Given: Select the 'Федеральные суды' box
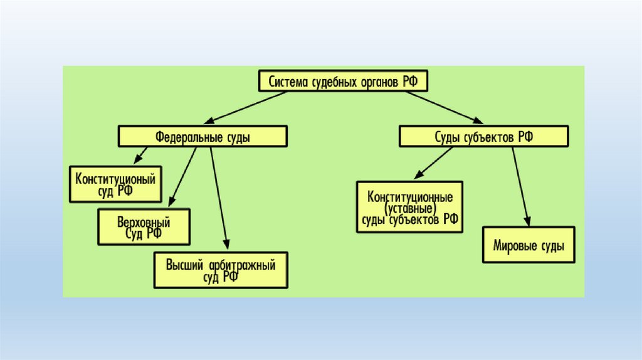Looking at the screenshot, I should (x=203, y=136).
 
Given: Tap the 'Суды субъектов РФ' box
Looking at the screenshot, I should (x=483, y=136).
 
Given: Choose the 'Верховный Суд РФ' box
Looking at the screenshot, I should (x=144, y=227).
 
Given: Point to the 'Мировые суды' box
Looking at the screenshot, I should (x=529, y=245).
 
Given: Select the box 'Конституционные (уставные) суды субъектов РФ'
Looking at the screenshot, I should (x=409, y=207).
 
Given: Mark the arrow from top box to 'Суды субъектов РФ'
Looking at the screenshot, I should (x=441, y=107).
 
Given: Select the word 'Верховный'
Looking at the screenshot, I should (x=144, y=222).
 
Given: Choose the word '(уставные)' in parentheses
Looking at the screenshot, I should (x=409, y=207).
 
